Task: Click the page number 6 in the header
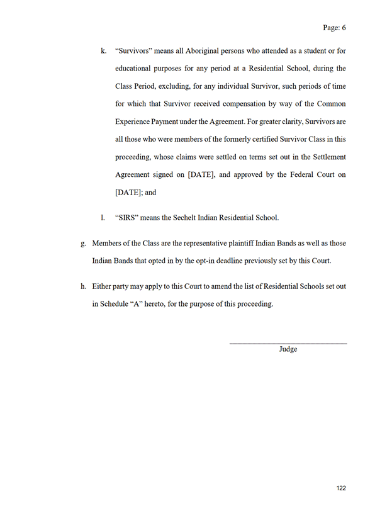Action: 344,28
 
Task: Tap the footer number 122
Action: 341,488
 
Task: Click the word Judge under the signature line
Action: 288,349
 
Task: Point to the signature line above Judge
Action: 288,343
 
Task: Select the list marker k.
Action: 103,50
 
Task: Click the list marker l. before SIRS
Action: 103,218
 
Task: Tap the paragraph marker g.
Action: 83,243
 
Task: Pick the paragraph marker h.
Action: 83,286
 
